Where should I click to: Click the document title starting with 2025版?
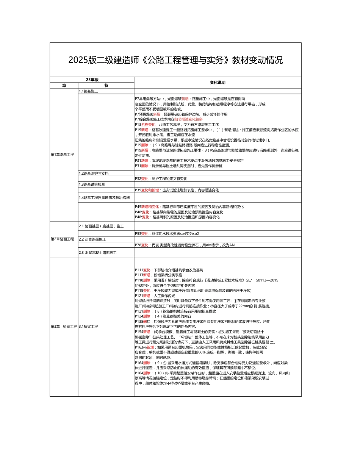[175, 60]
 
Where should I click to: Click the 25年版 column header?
[92, 80]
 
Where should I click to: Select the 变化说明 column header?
[218, 83]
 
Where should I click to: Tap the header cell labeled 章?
[64, 86]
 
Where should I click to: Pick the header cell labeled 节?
[106, 86]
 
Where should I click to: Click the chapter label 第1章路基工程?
[62, 155]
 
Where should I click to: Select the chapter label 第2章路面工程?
[62, 239]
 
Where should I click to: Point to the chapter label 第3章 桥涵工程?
[63, 326]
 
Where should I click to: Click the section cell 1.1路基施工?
[88, 91]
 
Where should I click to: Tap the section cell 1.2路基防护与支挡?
[94, 173]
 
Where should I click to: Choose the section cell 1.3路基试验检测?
[92, 184]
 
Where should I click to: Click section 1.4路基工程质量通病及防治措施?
[104, 198]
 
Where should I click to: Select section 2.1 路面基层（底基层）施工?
[101, 226]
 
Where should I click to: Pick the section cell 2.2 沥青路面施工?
[92, 239]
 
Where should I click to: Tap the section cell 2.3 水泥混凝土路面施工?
[98, 252]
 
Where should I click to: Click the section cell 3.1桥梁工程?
[88, 326]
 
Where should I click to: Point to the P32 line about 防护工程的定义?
[161, 179]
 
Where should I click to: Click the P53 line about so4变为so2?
[167, 234]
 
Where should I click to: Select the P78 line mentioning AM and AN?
[185, 245]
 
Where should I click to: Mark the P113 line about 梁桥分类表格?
[158, 275]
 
